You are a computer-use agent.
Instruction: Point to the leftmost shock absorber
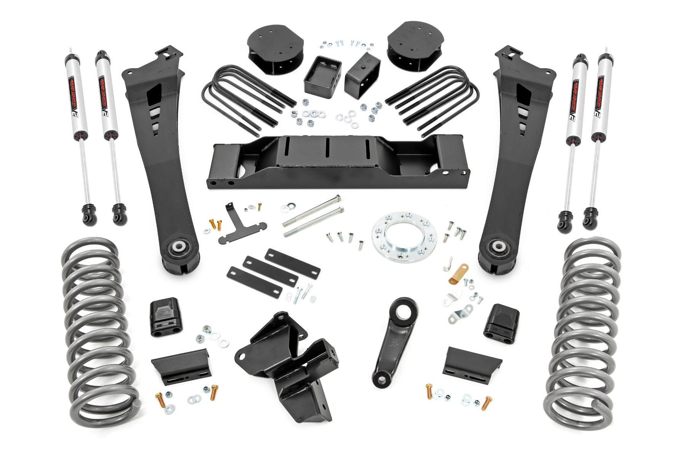pos(75,129)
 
